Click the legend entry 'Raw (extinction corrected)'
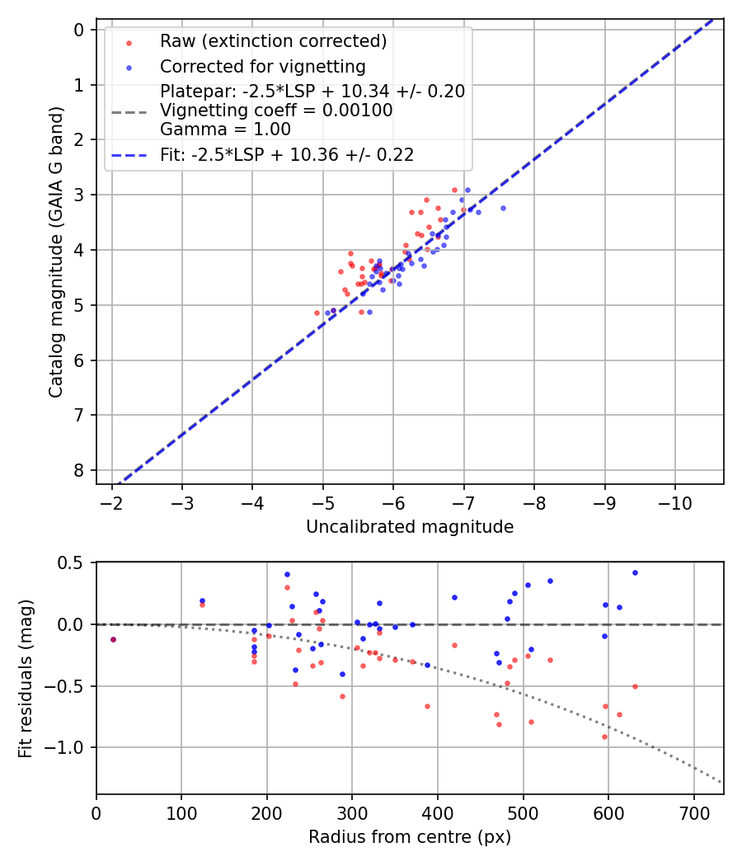(273, 41)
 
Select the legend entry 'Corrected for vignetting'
(263, 66)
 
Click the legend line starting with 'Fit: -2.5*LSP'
(287, 154)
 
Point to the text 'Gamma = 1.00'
(225, 129)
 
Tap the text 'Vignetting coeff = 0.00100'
(276, 111)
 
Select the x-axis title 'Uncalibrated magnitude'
(410, 527)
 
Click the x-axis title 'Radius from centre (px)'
(410, 838)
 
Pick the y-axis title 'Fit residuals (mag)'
(26, 679)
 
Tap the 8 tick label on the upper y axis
(80, 470)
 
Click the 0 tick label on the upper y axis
(80, 31)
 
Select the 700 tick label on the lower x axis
(693, 813)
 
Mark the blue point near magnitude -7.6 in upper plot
(503, 208)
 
